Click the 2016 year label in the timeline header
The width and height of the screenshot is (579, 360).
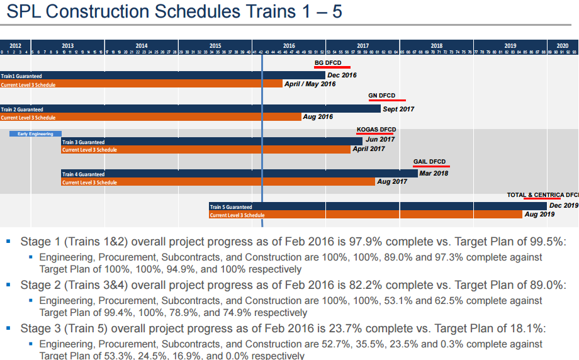click(x=289, y=45)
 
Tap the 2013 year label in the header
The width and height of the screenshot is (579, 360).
click(x=67, y=45)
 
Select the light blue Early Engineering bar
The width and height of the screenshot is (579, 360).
click(x=35, y=133)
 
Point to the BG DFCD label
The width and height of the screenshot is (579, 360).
click(x=328, y=63)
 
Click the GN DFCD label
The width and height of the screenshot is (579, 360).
click(x=382, y=96)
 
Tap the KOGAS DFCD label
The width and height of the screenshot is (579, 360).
click(x=376, y=130)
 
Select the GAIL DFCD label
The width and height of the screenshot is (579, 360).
click(x=429, y=162)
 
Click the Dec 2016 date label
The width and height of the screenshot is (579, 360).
click(x=342, y=76)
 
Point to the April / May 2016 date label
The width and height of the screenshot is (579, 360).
click(x=310, y=84)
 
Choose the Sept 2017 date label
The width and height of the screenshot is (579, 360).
click(x=398, y=109)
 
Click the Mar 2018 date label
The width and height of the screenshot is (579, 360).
click(x=434, y=173)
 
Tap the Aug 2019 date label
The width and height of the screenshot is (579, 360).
click(x=539, y=215)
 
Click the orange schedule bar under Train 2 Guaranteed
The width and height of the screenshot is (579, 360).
click(x=151, y=117)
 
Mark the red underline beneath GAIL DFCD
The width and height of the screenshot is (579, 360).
click(x=431, y=167)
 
